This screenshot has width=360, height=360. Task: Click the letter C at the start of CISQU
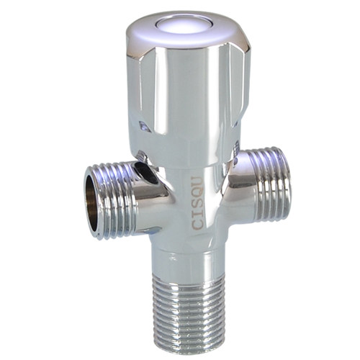[x=199, y=223]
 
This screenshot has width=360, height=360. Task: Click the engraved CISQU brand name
[x=199, y=203]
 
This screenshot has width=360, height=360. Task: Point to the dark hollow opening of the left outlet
[x=94, y=201]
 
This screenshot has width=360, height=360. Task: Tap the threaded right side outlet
[x=271, y=184]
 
